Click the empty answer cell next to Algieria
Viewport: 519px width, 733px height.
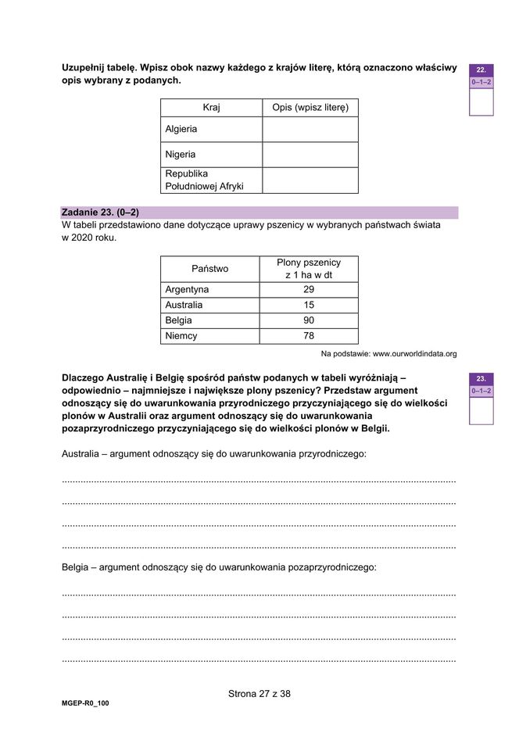(x=310, y=129)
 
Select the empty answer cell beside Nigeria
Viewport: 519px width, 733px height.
(x=310, y=155)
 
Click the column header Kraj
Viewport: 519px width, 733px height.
(x=211, y=107)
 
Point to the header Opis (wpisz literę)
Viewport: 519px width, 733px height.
(x=310, y=107)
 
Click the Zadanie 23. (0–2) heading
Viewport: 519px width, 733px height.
(x=100, y=212)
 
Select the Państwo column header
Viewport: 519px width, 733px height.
(x=209, y=268)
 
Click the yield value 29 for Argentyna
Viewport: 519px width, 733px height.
(x=309, y=289)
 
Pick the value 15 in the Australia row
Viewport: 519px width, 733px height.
(x=309, y=305)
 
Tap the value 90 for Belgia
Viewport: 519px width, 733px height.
(x=309, y=320)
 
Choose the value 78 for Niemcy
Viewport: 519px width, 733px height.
(x=309, y=336)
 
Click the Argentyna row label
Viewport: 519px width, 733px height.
(x=187, y=289)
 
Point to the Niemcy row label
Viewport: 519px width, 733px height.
(x=181, y=336)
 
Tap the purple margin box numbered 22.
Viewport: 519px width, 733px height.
(x=481, y=70)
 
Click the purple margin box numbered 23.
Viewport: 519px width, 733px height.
(x=481, y=378)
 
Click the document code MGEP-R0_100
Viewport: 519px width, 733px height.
(x=85, y=703)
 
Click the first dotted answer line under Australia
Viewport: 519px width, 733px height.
(x=259, y=480)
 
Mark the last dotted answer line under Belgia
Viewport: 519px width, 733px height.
(x=259, y=660)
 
